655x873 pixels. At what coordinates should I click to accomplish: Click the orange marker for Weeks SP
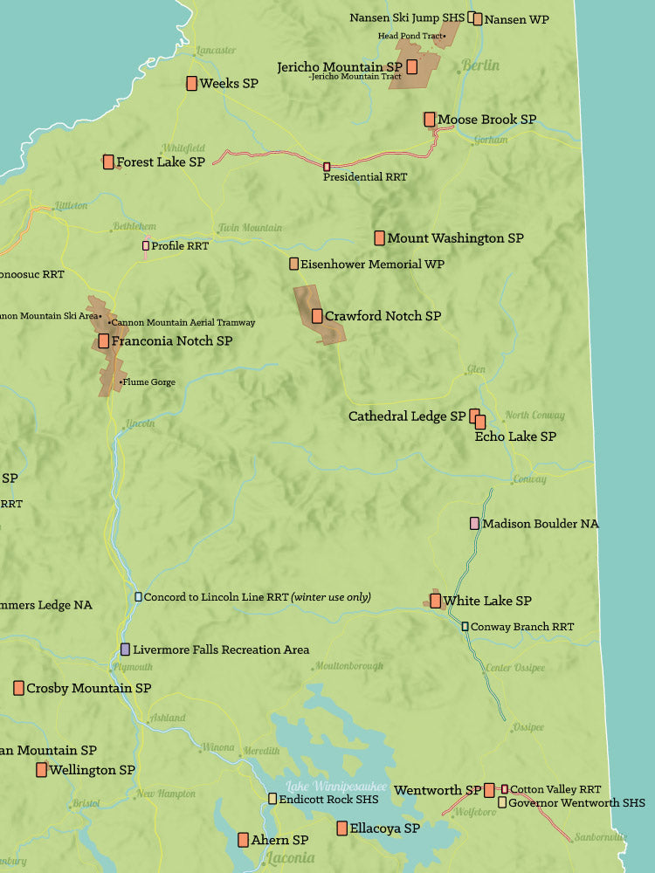[191, 84]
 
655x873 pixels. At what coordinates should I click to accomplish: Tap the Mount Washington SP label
[455, 238]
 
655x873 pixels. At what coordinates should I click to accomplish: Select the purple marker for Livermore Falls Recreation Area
[126, 650]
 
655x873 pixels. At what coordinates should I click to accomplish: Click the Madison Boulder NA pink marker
[474, 524]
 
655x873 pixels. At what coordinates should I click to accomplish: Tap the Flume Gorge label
[149, 382]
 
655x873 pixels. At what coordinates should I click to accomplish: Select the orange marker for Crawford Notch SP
[317, 316]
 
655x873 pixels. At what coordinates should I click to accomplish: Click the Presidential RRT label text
[365, 177]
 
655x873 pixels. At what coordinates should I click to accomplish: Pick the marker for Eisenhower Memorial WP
[294, 264]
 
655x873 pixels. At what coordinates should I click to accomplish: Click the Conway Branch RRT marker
[465, 627]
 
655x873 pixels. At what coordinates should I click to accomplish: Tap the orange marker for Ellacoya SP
[342, 828]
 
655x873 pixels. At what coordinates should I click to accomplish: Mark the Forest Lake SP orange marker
[108, 162]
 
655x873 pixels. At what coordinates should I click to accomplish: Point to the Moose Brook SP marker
[430, 119]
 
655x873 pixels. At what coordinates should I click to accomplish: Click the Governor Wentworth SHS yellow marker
[502, 802]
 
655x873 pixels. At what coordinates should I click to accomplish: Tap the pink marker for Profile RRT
[146, 246]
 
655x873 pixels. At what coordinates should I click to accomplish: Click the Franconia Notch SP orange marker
[104, 341]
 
